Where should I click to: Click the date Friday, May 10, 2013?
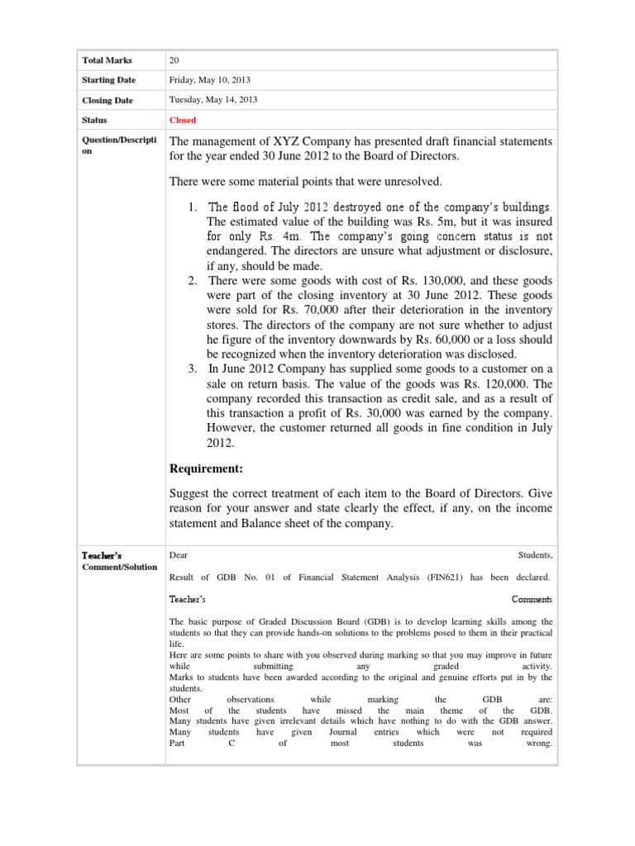[210, 80]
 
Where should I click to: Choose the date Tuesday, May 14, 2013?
[213, 100]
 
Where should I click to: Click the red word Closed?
[183, 120]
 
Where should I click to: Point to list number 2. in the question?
[192, 282]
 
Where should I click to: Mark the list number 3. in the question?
[192, 368]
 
